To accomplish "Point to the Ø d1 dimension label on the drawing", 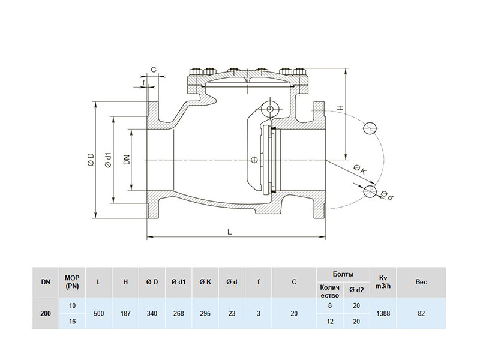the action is click(x=109, y=160).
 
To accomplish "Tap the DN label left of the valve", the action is click(x=127, y=160).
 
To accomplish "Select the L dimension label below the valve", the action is click(x=230, y=232).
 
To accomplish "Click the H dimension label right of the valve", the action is click(x=340, y=108).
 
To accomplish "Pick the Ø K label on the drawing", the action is click(x=359, y=170).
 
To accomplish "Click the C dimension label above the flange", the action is click(x=154, y=70).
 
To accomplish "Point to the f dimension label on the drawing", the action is click(x=143, y=82).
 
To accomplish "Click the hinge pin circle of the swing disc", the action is click(x=269, y=109).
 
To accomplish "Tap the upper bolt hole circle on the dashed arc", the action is click(x=370, y=128).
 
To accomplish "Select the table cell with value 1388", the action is click(x=383, y=313).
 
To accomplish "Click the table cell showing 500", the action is click(x=98, y=313).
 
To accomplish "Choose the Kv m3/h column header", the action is click(x=383, y=282).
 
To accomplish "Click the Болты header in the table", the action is click(x=343, y=274).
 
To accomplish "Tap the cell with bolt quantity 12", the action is click(x=329, y=322).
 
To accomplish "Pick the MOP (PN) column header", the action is click(x=72, y=282).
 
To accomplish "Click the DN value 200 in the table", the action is click(x=46, y=313).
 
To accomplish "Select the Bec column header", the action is click(x=421, y=282).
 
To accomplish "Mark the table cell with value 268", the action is click(x=178, y=313).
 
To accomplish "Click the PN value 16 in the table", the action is click(x=72, y=322).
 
